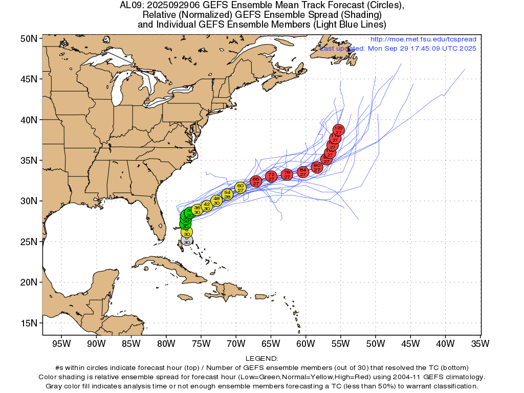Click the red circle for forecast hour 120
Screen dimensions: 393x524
coord(338,130)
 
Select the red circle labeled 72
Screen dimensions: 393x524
coord(271,177)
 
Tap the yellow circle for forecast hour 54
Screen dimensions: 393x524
coord(228,194)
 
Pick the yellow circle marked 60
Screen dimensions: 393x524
coord(241,188)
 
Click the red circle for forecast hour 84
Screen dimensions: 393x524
coord(303,172)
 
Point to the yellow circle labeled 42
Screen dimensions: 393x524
coord(207,206)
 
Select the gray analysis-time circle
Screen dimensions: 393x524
coord(187,240)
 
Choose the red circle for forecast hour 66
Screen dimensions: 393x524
coord(256,181)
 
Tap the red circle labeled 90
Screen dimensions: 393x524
coord(317,167)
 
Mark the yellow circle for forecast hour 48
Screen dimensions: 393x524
coord(216,201)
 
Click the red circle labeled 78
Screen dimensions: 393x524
coord(287,174)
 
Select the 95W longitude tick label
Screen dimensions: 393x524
coord(61,343)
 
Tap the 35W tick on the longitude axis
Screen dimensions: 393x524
coord(480,343)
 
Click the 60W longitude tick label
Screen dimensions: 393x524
coord(305,343)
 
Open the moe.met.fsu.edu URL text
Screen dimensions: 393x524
coord(423,39)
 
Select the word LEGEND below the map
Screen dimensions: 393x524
coord(261,359)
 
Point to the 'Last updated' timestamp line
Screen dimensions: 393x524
coord(398,48)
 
